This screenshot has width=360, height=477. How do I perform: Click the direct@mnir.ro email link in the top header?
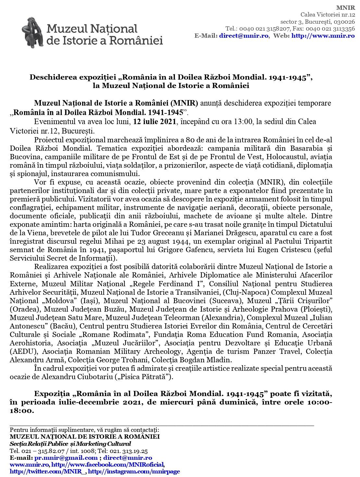[x=244, y=36]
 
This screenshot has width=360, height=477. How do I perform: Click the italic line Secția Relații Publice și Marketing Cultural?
[x=70, y=444]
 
